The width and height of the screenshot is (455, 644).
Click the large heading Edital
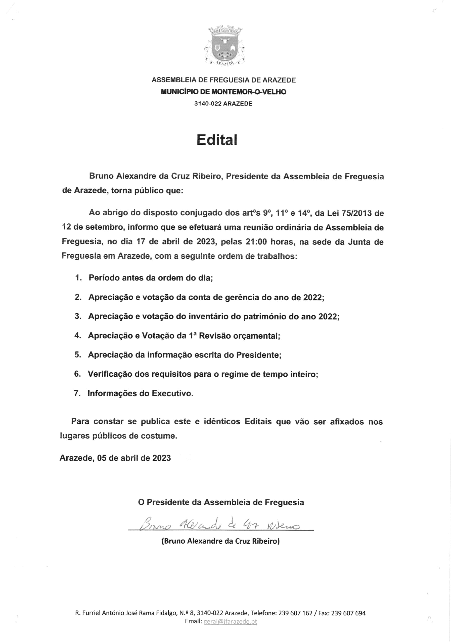[217, 139]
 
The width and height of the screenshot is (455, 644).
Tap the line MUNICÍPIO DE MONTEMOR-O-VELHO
[223, 92]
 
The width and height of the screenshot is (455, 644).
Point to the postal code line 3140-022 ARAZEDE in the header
[223, 103]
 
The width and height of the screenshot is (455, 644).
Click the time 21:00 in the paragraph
[256, 242]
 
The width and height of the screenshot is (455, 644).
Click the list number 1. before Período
[78, 278]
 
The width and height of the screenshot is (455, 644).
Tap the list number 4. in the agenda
[78, 336]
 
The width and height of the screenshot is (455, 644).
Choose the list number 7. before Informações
[77, 393]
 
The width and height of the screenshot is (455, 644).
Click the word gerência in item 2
[240, 297]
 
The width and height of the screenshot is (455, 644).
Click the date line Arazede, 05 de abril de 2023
[115, 458]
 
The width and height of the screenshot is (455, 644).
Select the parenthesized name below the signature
[221, 541]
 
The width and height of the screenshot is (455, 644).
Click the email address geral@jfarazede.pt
[230, 621]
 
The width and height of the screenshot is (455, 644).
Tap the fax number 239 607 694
[348, 613]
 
